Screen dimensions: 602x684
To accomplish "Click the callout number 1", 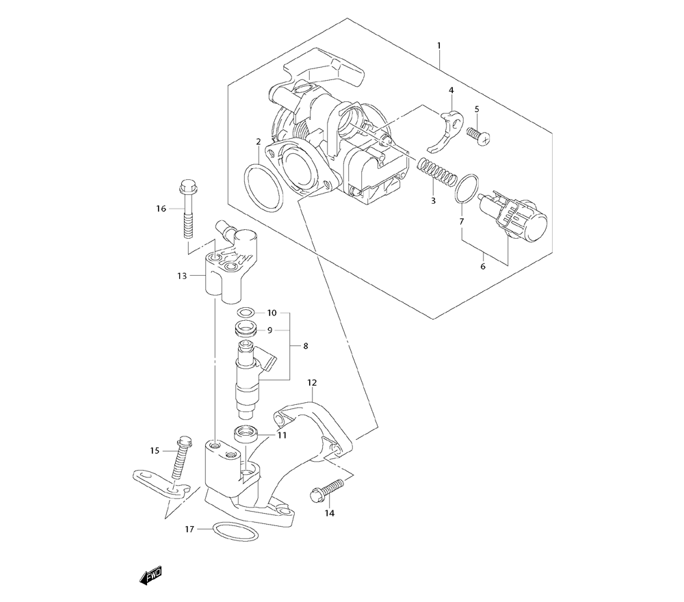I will pyautogui.click(x=438, y=46).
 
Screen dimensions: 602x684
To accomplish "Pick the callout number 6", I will pyautogui.click(x=483, y=266).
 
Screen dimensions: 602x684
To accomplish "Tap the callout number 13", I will pyautogui.click(x=181, y=276).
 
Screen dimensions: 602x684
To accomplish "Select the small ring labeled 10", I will pyautogui.click(x=250, y=313).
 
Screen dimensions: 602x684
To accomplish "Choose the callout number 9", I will pyautogui.click(x=270, y=330).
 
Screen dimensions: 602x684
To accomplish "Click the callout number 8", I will pyautogui.click(x=305, y=346).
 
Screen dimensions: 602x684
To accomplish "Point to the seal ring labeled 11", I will pyautogui.click(x=248, y=432).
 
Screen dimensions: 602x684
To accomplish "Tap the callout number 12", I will pyautogui.click(x=313, y=383).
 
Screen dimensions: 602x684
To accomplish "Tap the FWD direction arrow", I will pyautogui.click(x=150, y=578).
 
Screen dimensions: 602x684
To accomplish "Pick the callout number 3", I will pyautogui.click(x=433, y=200).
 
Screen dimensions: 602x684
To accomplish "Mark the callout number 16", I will pyautogui.click(x=161, y=208).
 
